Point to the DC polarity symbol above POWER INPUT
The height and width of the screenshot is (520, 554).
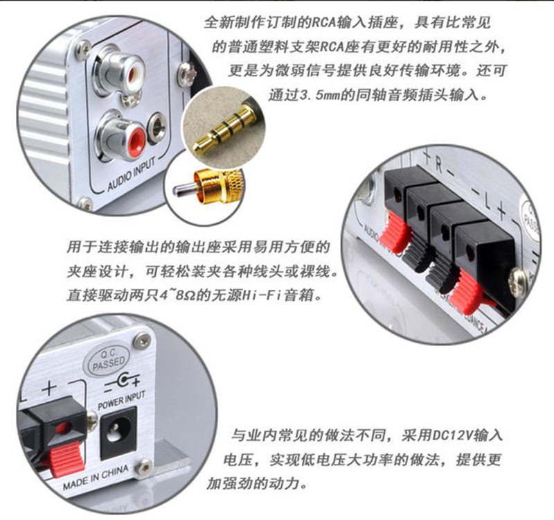[121, 384]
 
